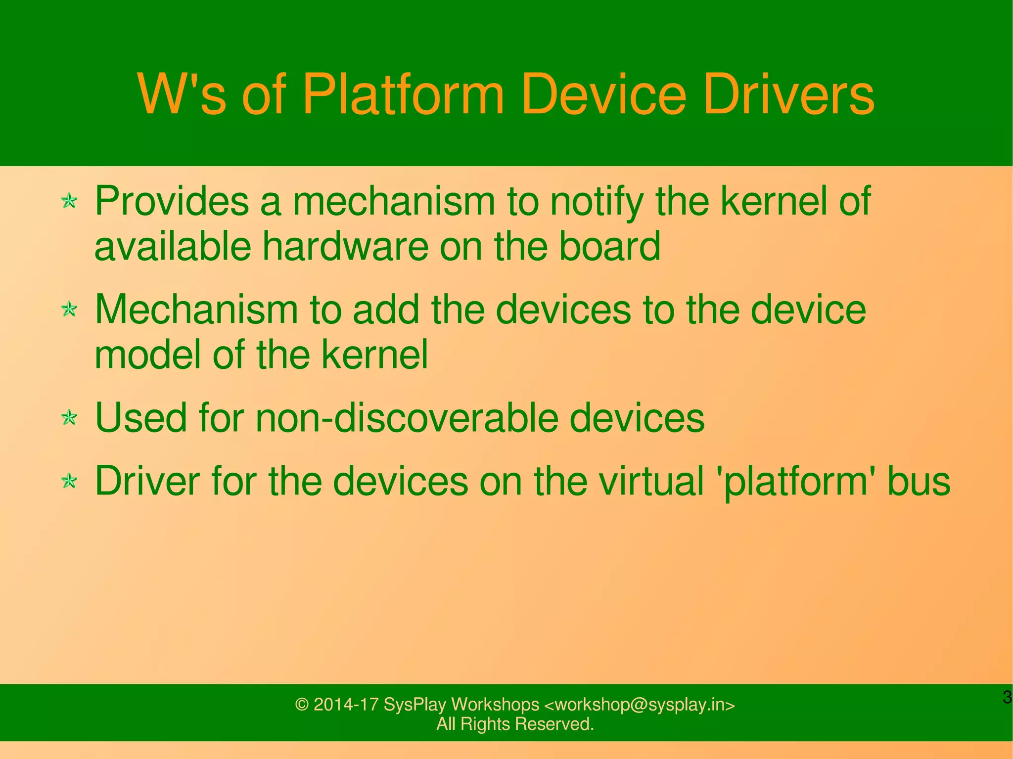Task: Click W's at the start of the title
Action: pos(182,95)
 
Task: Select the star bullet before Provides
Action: pos(70,201)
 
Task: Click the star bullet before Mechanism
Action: pos(70,310)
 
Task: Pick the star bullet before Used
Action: pos(70,418)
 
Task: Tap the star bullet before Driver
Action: pos(70,481)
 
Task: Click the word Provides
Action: pos(172,201)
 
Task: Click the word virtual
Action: pos(651,481)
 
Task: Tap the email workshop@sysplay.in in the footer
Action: pos(640,705)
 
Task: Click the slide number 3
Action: pos(1007,698)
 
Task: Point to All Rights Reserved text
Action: pos(515,724)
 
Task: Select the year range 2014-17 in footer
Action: pos(346,705)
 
